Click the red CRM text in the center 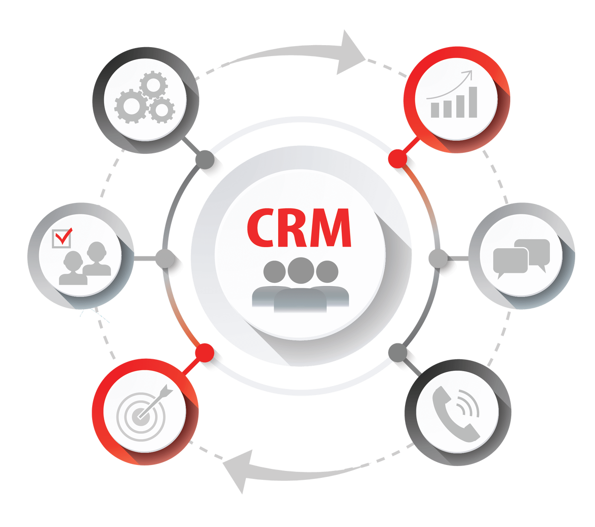coord(299,228)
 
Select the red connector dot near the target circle coord(204,353)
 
